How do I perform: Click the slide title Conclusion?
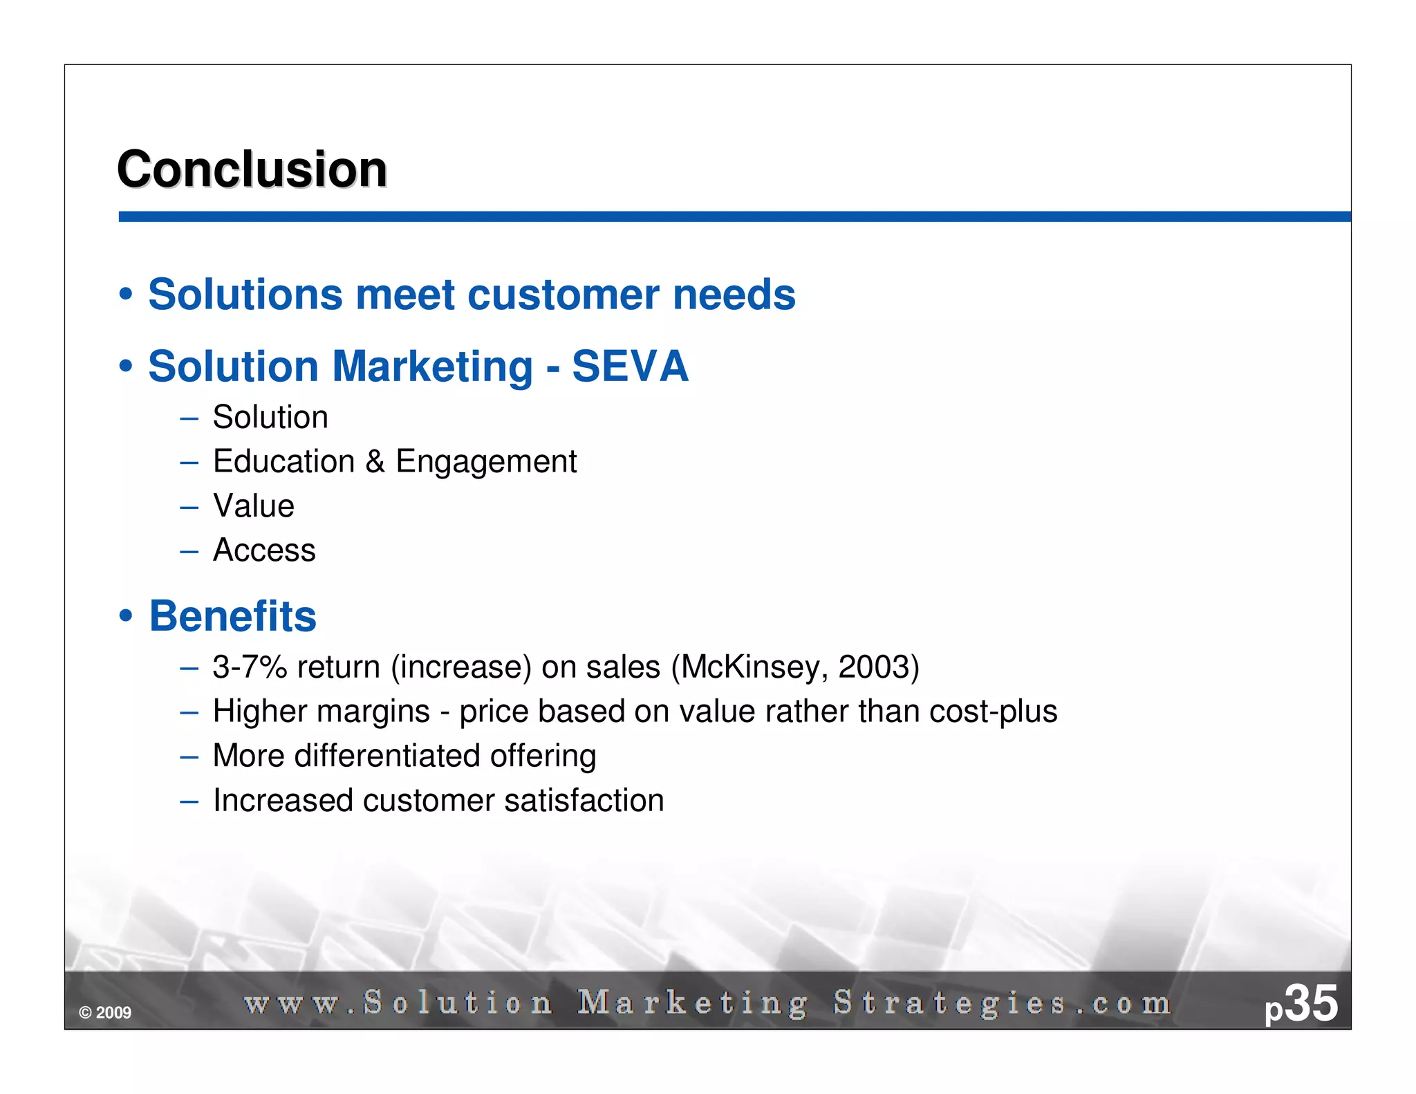point(252,169)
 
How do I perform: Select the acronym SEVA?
point(630,367)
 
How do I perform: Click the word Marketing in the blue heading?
point(433,367)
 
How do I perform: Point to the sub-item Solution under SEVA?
point(270,417)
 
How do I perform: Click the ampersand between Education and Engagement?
point(375,461)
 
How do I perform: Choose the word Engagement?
point(486,462)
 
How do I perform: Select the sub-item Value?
point(254,506)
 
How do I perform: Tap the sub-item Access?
point(264,550)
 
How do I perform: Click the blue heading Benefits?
point(233,616)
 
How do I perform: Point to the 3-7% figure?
point(250,667)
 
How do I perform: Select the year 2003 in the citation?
point(874,667)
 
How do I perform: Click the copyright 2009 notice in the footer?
point(105,1013)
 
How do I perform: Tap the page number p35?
point(1301,1004)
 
